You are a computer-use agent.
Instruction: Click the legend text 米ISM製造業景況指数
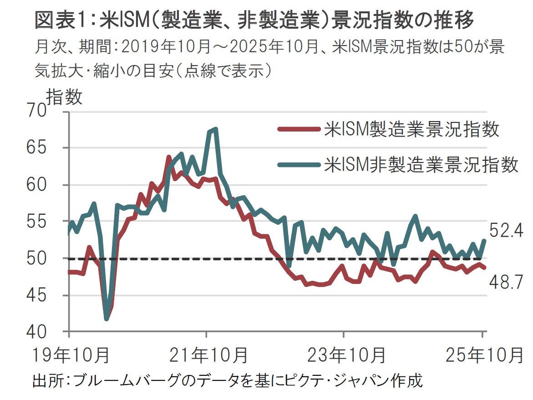coord(411,129)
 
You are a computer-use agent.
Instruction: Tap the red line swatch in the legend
coord(299,130)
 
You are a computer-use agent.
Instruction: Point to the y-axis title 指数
coord(65,97)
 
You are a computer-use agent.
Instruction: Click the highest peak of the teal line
coord(215,129)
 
